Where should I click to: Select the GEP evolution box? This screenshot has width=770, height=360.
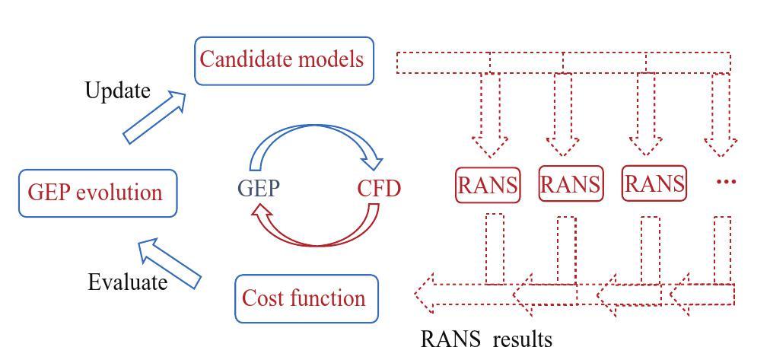pyautogui.click(x=97, y=193)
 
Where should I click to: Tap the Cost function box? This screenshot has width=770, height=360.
pyautogui.click(x=306, y=298)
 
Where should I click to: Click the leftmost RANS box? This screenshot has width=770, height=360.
pyautogui.click(x=488, y=185)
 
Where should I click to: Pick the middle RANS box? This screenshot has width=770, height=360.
pyautogui.click(x=570, y=185)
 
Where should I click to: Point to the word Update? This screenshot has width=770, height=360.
pyautogui.click(x=117, y=91)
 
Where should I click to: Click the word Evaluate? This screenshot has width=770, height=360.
pyautogui.click(x=127, y=282)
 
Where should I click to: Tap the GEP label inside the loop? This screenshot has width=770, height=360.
pyautogui.click(x=258, y=188)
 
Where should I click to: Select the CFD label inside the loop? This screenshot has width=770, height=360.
pyautogui.click(x=378, y=188)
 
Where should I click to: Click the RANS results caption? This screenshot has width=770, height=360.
pyautogui.click(x=487, y=339)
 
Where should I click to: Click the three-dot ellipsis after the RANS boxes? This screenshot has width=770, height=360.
pyautogui.click(x=727, y=183)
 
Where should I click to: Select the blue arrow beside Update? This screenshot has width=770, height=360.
pyautogui.click(x=155, y=116)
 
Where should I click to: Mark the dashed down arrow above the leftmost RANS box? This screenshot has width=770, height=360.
pyautogui.click(x=490, y=114)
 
